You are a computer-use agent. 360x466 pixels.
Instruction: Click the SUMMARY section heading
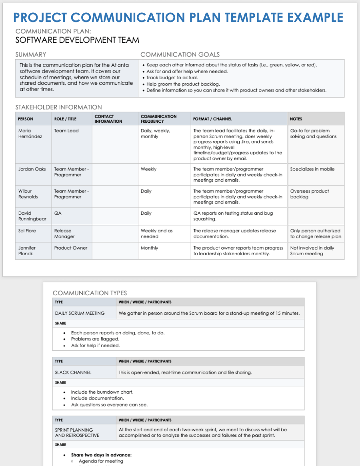(31, 54)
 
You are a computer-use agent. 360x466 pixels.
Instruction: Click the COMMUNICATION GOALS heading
(180, 54)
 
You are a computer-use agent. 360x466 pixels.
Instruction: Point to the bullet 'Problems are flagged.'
(95, 339)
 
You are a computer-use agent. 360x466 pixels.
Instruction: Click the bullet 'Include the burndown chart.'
(102, 392)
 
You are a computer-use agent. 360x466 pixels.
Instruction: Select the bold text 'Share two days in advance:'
(101, 455)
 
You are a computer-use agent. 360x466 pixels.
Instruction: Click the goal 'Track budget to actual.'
(172, 78)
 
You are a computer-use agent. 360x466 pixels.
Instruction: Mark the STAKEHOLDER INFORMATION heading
(58, 107)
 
